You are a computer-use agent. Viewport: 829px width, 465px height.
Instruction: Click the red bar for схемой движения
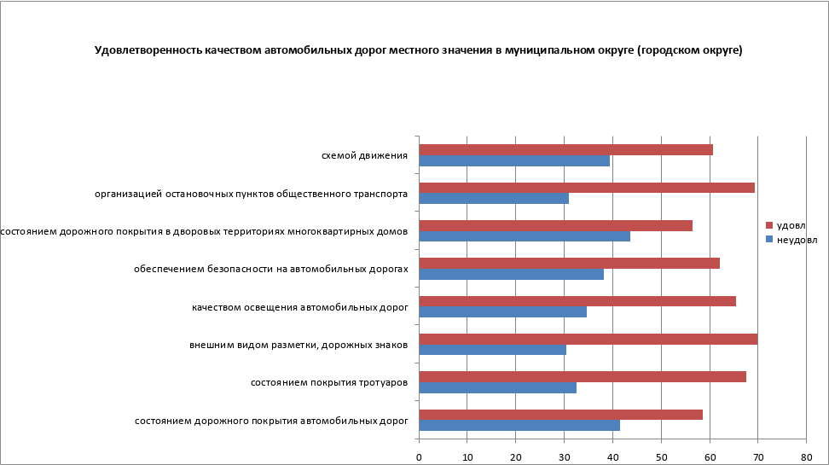565,150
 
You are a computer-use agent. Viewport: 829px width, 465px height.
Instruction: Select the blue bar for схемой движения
514,160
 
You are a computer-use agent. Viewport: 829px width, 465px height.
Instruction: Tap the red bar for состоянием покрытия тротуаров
583,377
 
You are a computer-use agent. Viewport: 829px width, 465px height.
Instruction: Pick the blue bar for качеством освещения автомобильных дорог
502,311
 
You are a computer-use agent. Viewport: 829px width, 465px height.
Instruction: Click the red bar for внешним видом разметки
588,340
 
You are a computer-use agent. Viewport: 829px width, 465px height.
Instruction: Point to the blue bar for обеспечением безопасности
511,274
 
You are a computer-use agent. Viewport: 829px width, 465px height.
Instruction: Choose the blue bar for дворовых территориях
525,236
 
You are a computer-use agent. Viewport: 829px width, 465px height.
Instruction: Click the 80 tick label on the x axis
806,457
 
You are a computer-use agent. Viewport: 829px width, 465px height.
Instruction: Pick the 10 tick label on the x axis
467,457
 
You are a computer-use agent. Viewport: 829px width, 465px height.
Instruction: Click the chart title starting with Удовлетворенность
418,50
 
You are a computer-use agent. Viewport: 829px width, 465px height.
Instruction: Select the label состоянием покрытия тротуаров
328,382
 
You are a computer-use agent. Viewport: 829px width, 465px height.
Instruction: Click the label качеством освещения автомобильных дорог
299,306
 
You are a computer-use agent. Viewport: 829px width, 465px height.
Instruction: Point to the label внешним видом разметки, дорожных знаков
298,345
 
